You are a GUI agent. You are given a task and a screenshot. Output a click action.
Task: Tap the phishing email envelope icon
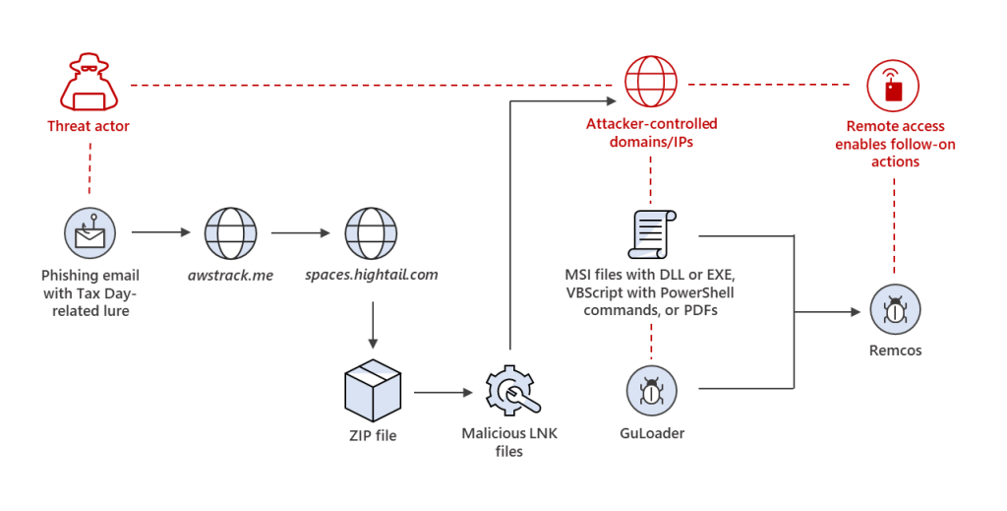[x=89, y=233]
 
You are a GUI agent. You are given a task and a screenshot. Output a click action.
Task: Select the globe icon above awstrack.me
[x=230, y=233]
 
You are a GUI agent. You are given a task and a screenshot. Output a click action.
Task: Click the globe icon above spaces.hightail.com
[x=371, y=233]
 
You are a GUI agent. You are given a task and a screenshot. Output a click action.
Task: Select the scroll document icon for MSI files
[x=650, y=235]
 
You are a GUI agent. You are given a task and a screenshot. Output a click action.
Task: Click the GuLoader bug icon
[x=651, y=391]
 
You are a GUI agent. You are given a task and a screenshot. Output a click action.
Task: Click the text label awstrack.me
[x=230, y=275]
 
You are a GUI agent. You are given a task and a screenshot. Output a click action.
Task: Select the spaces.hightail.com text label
[x=371, y=275]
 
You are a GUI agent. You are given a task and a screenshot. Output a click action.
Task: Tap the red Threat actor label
[x=89, y=126]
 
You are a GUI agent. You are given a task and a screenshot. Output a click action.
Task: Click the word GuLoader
[x=651, y=432]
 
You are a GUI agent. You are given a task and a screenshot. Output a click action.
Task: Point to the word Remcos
[x=895, y=351]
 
